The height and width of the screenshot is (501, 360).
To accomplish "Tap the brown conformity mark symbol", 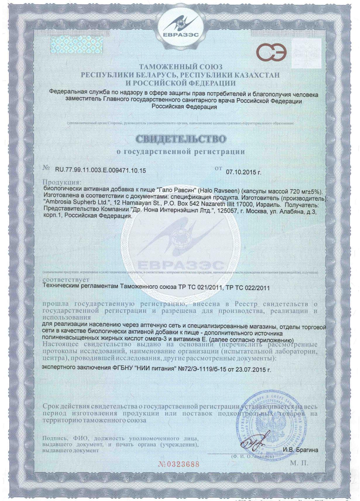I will point(271,53).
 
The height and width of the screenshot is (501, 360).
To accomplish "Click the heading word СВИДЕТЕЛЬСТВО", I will point(181,139).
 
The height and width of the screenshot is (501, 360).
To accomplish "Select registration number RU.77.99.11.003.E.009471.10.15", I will point(100,171).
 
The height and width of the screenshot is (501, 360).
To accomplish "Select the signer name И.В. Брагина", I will point(300,450).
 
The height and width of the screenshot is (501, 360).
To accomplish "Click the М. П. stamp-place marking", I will point(299,463).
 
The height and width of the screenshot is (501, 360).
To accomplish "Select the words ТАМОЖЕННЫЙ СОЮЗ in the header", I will point(180,67).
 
